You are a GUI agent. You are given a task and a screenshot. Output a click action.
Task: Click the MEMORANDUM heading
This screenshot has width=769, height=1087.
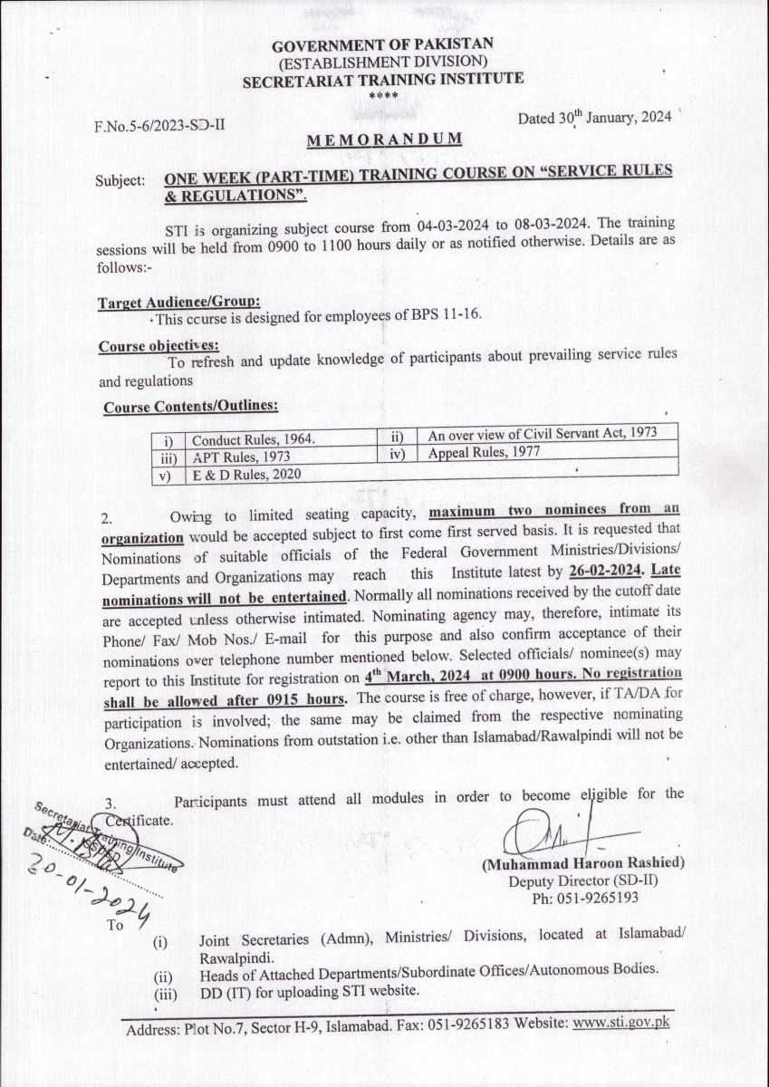coord(384,139)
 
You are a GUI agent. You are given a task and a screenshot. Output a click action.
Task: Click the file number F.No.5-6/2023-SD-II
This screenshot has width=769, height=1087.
coord(159,125)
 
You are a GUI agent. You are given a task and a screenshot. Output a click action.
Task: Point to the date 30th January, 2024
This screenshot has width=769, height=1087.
coord(594,119)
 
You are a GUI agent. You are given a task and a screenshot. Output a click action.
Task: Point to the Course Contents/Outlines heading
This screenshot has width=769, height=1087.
coord(190,407)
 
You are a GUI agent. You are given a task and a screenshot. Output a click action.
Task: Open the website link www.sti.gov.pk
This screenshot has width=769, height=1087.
coord(621,1023)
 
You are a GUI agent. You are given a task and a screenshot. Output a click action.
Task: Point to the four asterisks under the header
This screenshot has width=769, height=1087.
coord(383,94)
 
